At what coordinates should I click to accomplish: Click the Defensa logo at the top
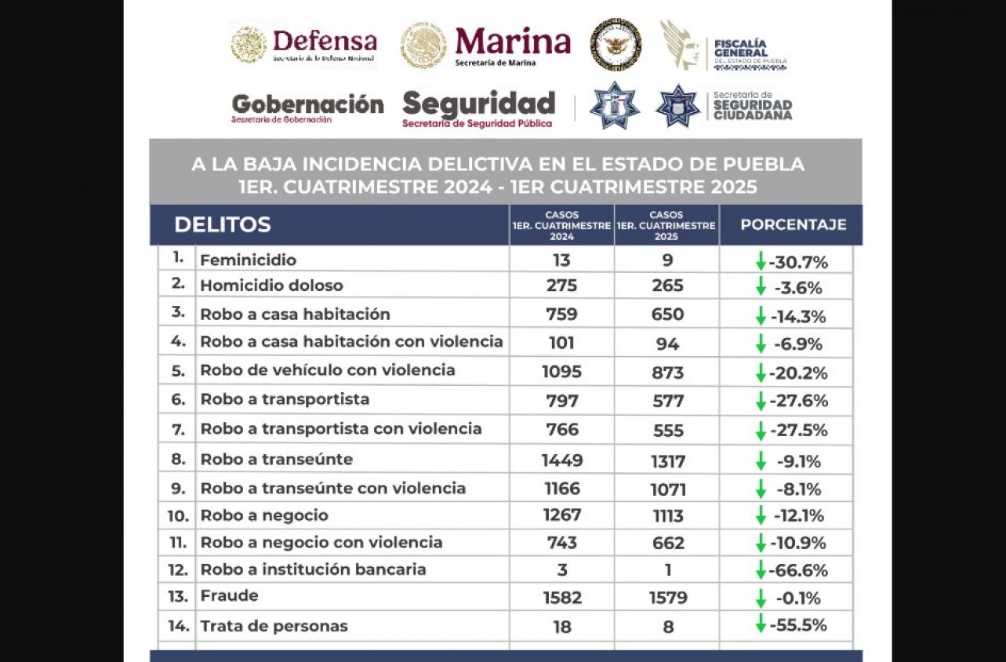coord(304,44)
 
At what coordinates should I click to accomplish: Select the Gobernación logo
coord(307,107)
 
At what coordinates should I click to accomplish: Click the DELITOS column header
coord(223,224)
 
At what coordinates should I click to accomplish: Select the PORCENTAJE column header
coord(793,224)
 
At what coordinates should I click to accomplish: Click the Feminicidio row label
coord(248,260)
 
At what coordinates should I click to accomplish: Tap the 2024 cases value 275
coord(561,286)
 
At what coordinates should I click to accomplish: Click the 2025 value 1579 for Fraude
coord(668,598)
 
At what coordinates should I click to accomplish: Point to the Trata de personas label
coord(274,626)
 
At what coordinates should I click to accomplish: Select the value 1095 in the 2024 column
coord(561,372)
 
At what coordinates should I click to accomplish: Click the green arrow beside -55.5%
coord(760,624)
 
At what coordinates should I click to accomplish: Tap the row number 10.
coord(178,515)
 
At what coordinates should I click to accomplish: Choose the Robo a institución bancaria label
coord(313,569)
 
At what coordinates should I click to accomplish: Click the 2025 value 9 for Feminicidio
coord(667,260)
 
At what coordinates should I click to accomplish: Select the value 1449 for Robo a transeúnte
coord(561,460)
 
